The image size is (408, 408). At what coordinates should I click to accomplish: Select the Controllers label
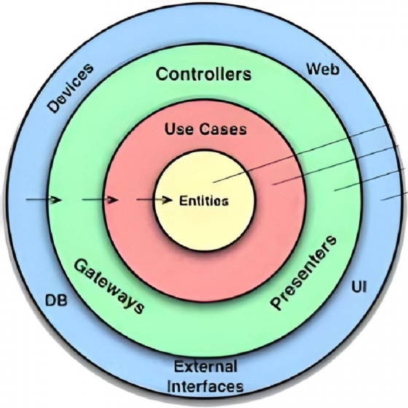coord(204,74)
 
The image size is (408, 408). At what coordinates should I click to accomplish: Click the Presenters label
coord(305,272)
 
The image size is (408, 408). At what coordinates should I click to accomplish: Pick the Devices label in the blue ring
coord(71,89)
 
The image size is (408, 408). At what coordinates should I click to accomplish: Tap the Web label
coord(323,70)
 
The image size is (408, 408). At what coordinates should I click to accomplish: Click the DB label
coord(56,299)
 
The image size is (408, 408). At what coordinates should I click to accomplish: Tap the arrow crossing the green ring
coord(100,199)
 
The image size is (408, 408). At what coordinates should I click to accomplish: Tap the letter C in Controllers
coord(162,74)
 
